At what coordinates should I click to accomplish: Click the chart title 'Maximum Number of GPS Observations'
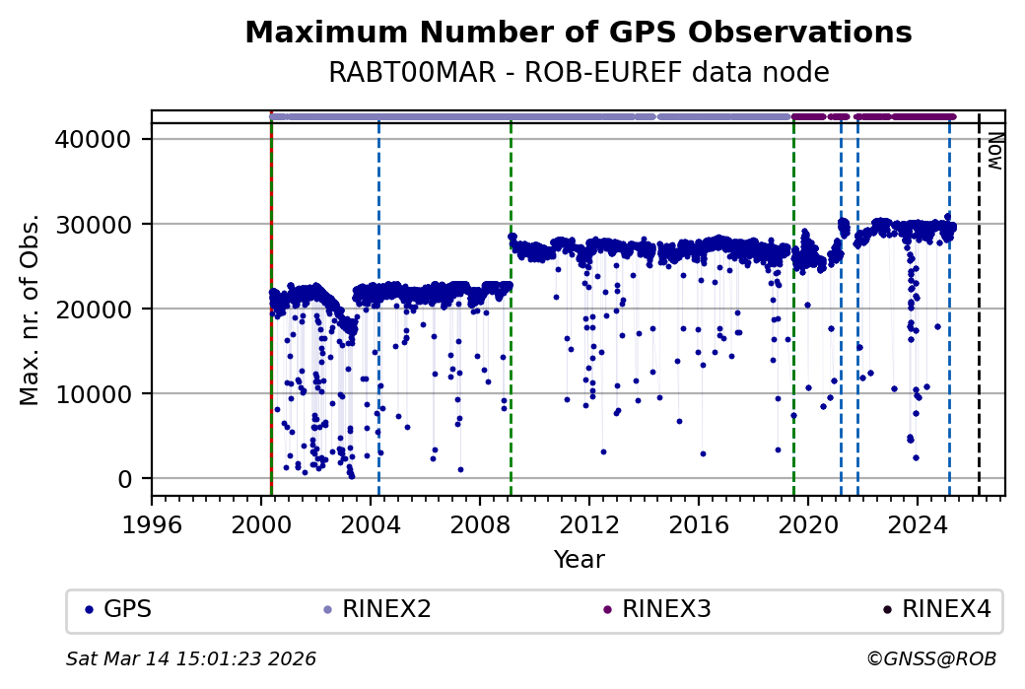pyautogui.click(x=578, y=33)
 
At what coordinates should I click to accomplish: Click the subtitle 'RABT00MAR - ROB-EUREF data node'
pyautogui.click(x=578, y=73)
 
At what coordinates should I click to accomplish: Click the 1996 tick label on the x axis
pyautogui.click(x=152, y=522)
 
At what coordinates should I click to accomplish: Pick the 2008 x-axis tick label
pyautogui.click(x=480, y=522)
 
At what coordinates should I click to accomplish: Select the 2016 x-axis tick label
pyautogui.click(x=699, y=522)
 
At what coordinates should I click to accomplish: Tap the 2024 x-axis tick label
pyautogui.click(x=918, y=522)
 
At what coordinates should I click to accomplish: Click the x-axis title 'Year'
pyautogui.click(x=579, y=560)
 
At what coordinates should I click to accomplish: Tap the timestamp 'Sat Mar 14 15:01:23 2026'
pyautogui.click(x=191, y=658)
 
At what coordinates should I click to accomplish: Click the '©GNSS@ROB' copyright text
pyautogui.click(x=931, y=658)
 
